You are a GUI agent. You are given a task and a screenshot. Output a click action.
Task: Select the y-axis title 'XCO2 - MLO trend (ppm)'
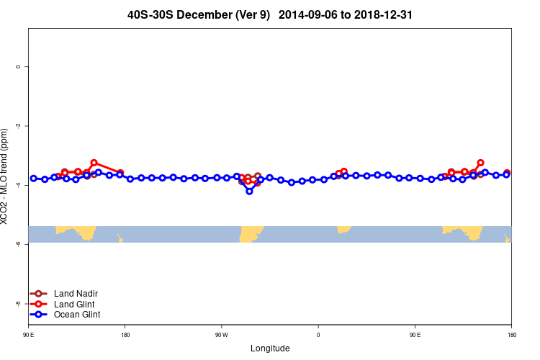tap(6, 176)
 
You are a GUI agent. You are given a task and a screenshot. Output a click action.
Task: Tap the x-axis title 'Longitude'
tap(270, 348)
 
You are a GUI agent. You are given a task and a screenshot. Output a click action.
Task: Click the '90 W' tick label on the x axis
tap(221, 335)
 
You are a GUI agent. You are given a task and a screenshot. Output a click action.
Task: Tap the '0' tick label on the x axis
tap(318, 335)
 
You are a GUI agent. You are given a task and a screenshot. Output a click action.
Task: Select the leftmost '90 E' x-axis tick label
tap(28, 335)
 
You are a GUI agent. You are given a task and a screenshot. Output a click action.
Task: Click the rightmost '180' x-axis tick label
tap(511, 335)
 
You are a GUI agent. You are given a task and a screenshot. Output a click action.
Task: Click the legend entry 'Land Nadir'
tap(76, 293)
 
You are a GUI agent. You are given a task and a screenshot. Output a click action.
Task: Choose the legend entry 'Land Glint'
tap(76, 304)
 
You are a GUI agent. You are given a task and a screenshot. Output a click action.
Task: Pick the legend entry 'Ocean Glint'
tap(77, 315)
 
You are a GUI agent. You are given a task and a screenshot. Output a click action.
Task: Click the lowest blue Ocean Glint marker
tap(249, 191)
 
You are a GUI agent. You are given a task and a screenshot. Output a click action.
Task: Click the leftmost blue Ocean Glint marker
tap(33, 178)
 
